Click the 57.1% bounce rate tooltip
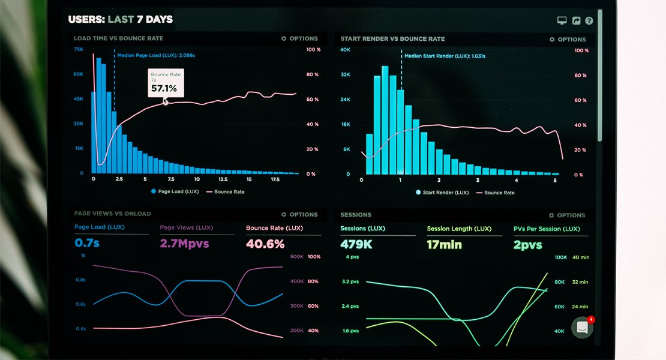point(166,83)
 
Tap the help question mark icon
point(589,21)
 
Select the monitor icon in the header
point(562,20)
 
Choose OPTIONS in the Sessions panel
point(567,215)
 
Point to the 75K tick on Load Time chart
point(79,49)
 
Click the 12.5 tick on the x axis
point(223,179)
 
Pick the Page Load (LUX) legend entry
point(175,192)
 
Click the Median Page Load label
point(156,55)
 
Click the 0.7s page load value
point(87,243)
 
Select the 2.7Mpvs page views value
point(184,244)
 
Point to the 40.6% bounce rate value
point(265,244)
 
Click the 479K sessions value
point(356,244)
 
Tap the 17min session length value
point(445,245)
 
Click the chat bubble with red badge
point(582,328)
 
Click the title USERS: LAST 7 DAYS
point(121,19)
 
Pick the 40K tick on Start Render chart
point(345,50)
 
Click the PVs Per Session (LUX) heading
point(547,229)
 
